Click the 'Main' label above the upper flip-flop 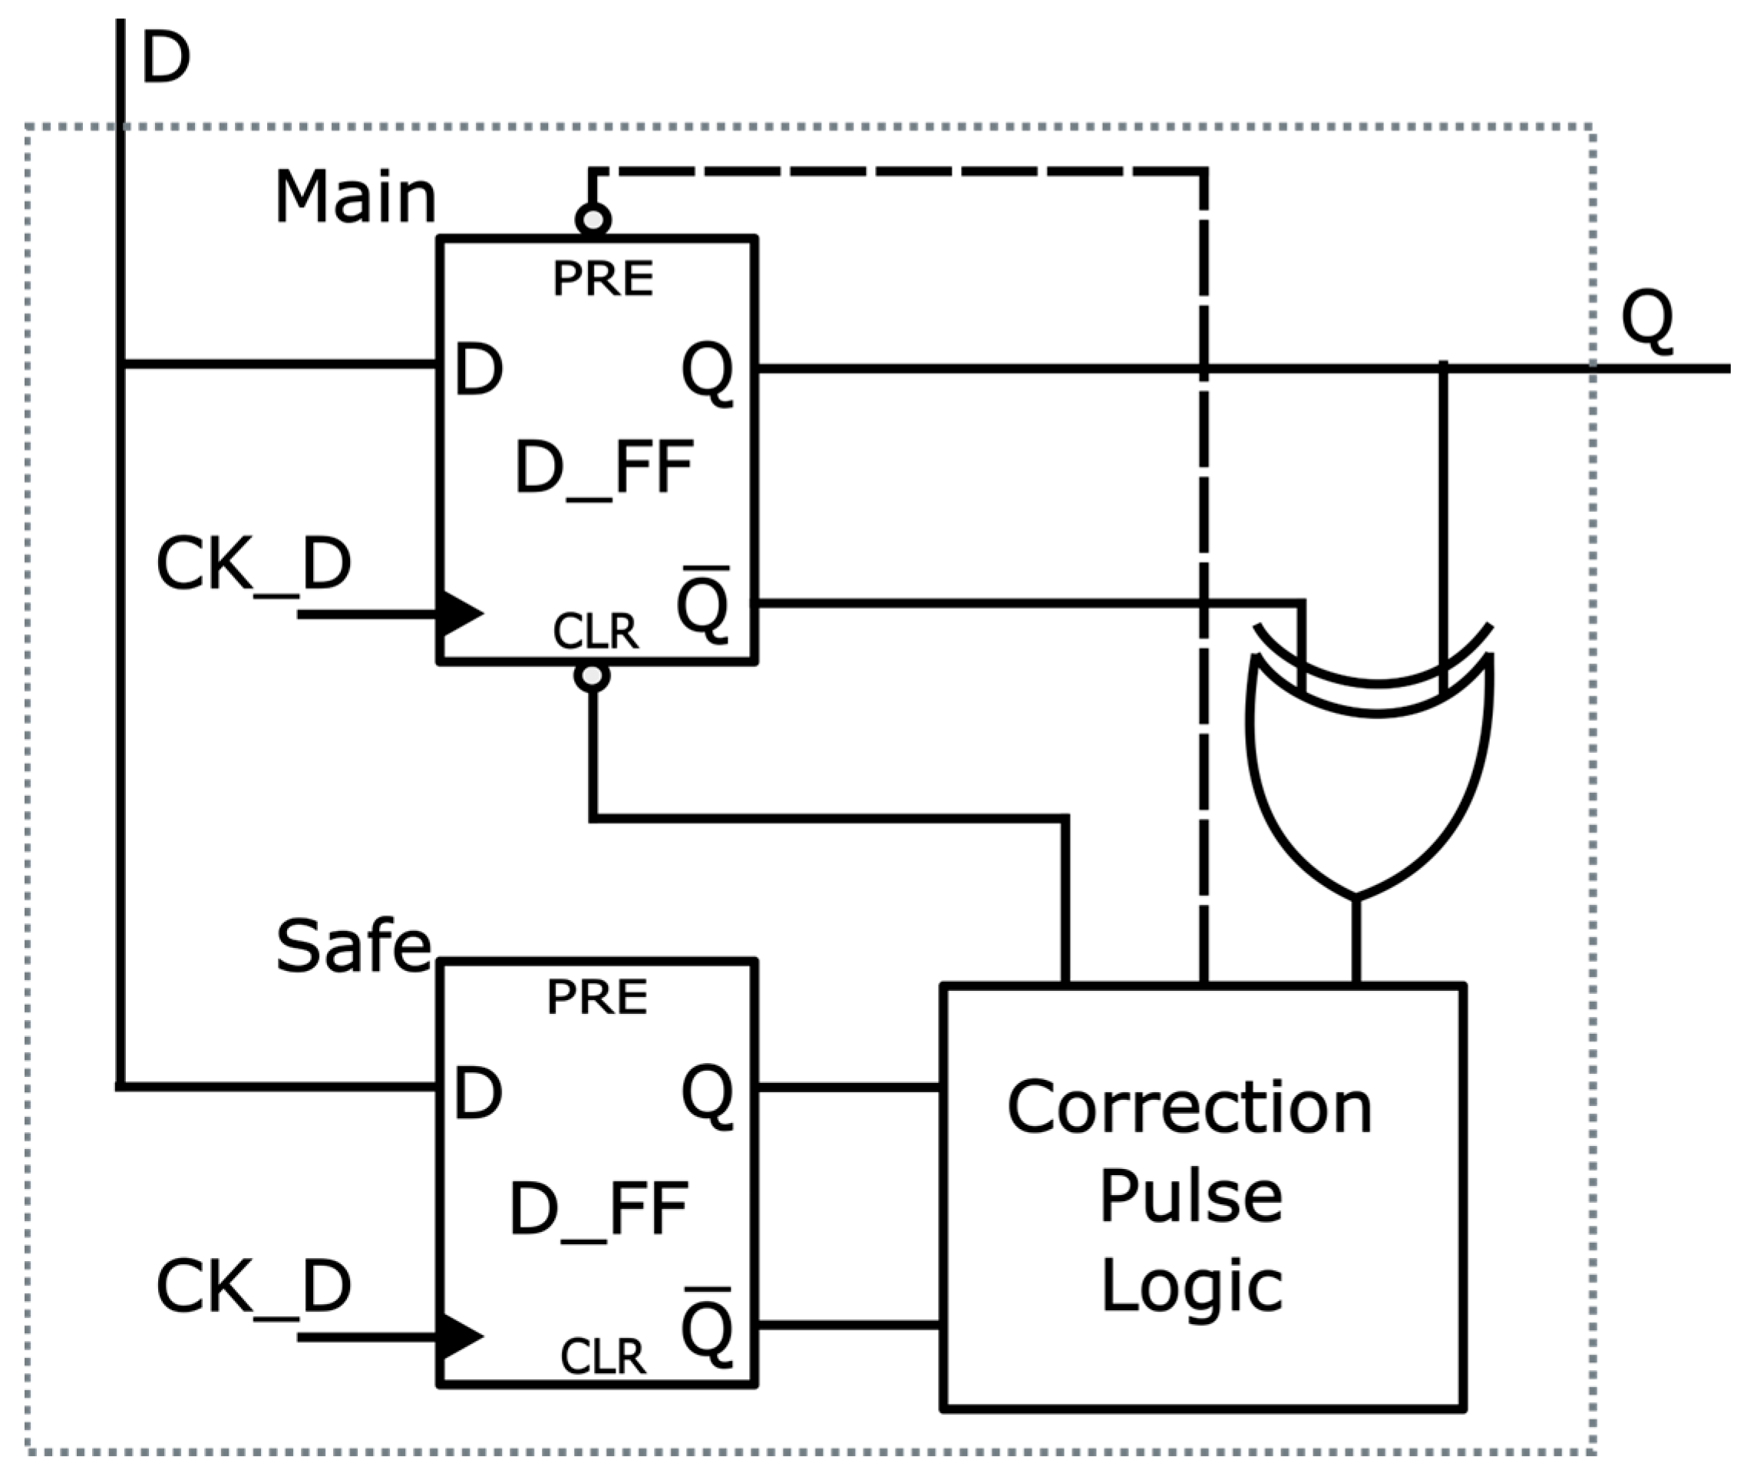point(355,197)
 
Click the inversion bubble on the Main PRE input point(593,220)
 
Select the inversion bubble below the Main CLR point(593,676)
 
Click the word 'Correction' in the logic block point(1189,1108)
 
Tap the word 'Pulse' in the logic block point(1191,1196)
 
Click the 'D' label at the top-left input point(166,58)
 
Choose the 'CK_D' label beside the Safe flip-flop point(253,1287)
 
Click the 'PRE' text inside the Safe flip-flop point(596,997)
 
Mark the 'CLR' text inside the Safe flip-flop point(603,1356)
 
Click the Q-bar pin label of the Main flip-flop point(703,604)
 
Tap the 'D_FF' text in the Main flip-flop point(604,467)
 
